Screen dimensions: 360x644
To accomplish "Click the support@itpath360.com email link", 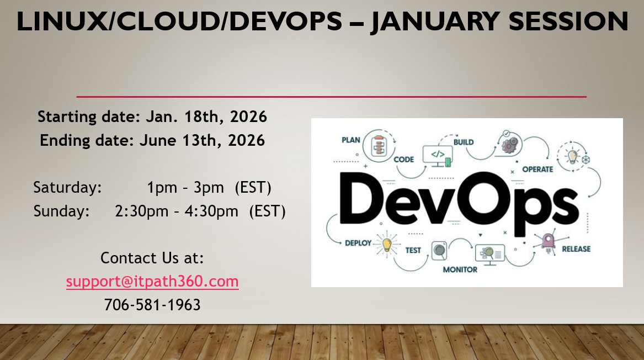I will tap(152, 282).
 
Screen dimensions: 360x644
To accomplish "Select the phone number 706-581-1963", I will tap(152, 304).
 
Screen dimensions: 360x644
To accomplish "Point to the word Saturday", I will tap(68, 188).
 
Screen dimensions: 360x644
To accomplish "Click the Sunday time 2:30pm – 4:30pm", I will tap(177, 211).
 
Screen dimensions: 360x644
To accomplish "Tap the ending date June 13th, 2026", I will tap(202, 140).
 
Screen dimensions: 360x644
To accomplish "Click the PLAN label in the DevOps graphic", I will tap(351, 140).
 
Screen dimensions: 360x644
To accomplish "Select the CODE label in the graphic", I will tap(403, 160).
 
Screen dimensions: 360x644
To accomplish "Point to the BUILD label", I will tap(464, 142).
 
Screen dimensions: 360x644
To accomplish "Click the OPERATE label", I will tap(537, 169).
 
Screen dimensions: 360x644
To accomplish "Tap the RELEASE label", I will tap(576, 249).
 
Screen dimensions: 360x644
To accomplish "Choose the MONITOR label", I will tap(460, 269).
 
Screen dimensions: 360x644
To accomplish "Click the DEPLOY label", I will tap(358, 243).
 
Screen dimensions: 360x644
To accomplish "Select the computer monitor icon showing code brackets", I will tap(437, 155).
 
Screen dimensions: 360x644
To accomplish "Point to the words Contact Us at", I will tap(152, 258).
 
